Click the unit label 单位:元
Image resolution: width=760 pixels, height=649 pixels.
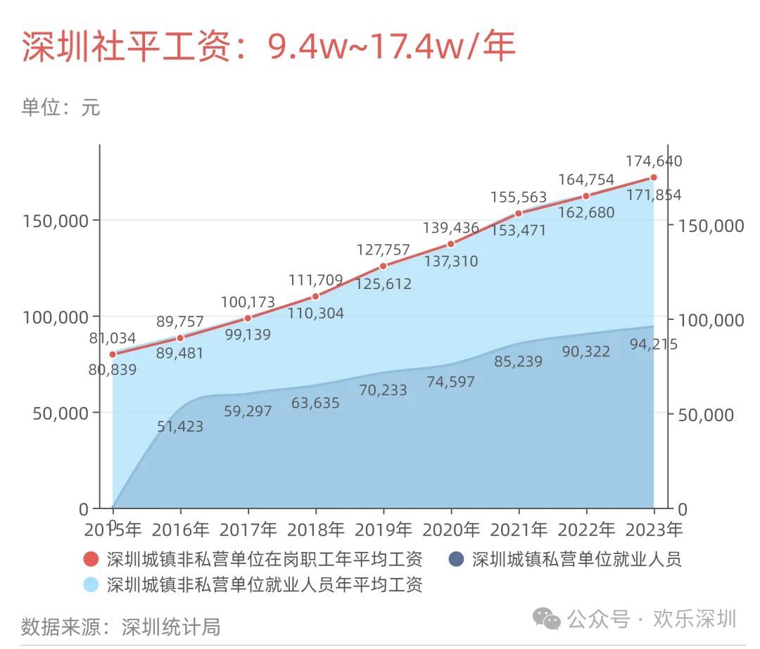point(61,108)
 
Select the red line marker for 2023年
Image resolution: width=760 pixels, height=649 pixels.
point(654,177)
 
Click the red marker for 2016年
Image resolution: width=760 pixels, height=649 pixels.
point(180,338)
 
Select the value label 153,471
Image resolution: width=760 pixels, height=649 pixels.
point(519,230)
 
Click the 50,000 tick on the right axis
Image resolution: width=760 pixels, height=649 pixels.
point(709,414)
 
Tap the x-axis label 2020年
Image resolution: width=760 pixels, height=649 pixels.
point(450,529)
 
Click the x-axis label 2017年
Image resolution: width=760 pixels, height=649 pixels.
point(248,529)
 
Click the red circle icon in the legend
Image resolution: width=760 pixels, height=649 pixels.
point(91,560)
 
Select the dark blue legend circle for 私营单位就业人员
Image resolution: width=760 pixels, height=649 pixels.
point(457,560)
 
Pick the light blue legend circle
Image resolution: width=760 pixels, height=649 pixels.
point(91,584)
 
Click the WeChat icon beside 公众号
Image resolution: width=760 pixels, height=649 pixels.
point(547,619)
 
